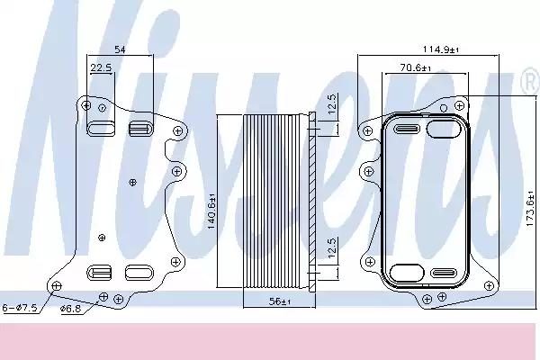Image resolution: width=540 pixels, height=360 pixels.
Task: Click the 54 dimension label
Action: [x=120, y=49]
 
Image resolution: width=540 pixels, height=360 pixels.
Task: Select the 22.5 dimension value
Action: [x=101, y=67]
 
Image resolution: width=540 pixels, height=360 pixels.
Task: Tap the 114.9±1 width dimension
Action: [x=441, y=49]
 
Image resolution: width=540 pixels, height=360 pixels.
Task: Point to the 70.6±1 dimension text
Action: [x=416, y=67]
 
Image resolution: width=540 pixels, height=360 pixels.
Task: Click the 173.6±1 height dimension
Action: [x=531, y=209]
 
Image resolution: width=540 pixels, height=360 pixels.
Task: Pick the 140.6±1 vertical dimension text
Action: [x=211, y=211]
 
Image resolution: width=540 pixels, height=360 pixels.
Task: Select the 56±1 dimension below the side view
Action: [x=280, y=301]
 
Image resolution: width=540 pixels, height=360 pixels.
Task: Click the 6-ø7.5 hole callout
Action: [x=20, y=308]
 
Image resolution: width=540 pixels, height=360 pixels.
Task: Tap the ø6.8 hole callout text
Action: [x=70, y=309]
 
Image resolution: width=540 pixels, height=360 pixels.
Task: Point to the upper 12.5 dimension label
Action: [x=331, y=103]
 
